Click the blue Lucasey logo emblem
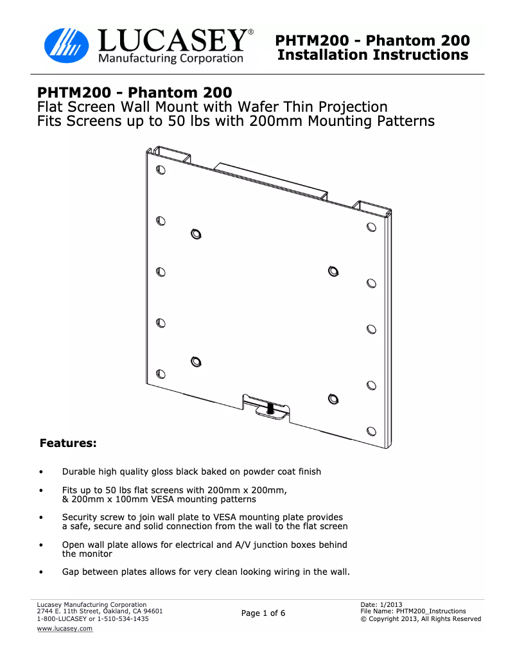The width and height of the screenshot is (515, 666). (67, 46)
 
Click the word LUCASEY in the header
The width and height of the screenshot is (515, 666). (173, 40)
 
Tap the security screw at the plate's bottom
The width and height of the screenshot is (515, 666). (270, 408)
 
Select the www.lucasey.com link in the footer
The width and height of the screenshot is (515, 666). (64, 629)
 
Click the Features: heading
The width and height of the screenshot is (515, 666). (68, 443)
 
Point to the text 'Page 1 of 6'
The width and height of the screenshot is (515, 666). (263, 613)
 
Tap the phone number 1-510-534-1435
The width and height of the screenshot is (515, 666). (123, 619)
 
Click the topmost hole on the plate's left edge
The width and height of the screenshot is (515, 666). (161, 170)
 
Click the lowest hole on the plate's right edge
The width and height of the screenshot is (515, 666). (372, 432)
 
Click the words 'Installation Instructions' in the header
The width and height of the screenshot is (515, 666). (373, 55)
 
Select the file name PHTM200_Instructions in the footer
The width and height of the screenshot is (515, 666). (431, 611)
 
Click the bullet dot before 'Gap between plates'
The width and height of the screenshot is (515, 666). (41, 572)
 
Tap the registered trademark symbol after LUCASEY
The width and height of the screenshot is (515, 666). (251, 32)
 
